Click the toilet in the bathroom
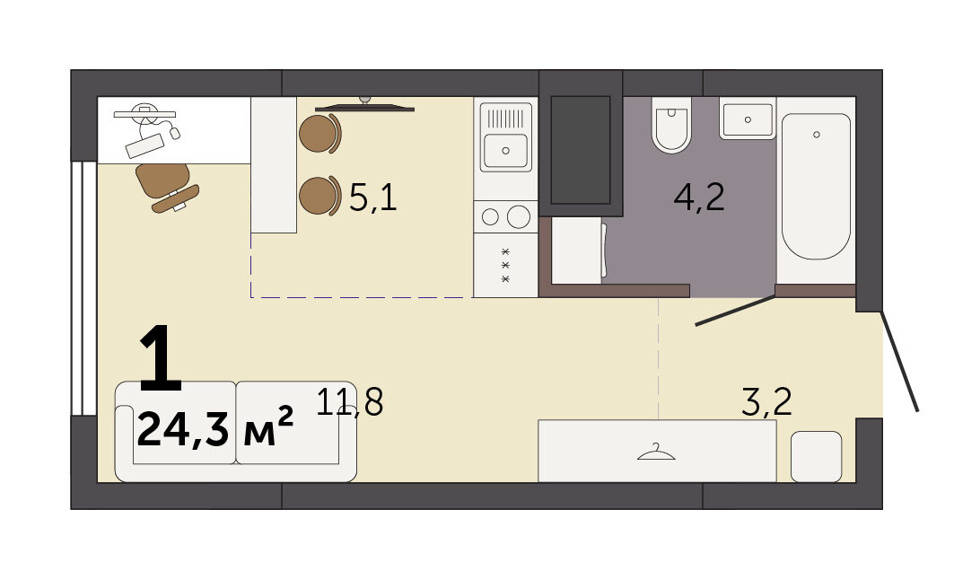pos(671,125)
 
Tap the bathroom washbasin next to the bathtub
pos(748,119)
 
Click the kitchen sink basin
pos(505,150)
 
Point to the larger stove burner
pos(519,216)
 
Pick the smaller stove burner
pos(490,216)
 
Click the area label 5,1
pos(373,198)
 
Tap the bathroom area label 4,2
pos(699,198)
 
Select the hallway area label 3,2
pos(766,402)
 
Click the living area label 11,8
pos(350,401)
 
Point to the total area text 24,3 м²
pos(215,427)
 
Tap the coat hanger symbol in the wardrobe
pos(656,453)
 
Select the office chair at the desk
pos(166,187)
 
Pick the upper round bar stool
pos(319,134)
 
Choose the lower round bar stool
pos(319,196)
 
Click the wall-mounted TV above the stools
pos(364,107)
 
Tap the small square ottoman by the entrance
pos(816,456)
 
